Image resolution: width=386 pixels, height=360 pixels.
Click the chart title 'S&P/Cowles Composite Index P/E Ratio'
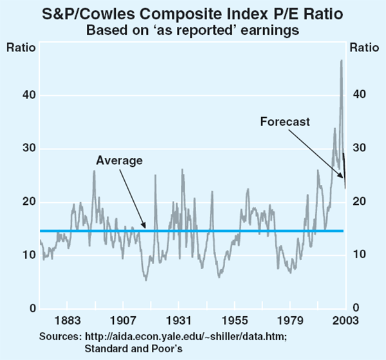(192, 13)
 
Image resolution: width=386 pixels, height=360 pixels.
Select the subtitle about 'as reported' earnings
(192, 29)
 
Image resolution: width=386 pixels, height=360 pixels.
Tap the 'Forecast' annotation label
(285, 121)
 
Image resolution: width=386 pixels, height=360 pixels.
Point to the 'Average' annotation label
(119, 160)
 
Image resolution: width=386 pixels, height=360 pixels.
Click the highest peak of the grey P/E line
(341, 61)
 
